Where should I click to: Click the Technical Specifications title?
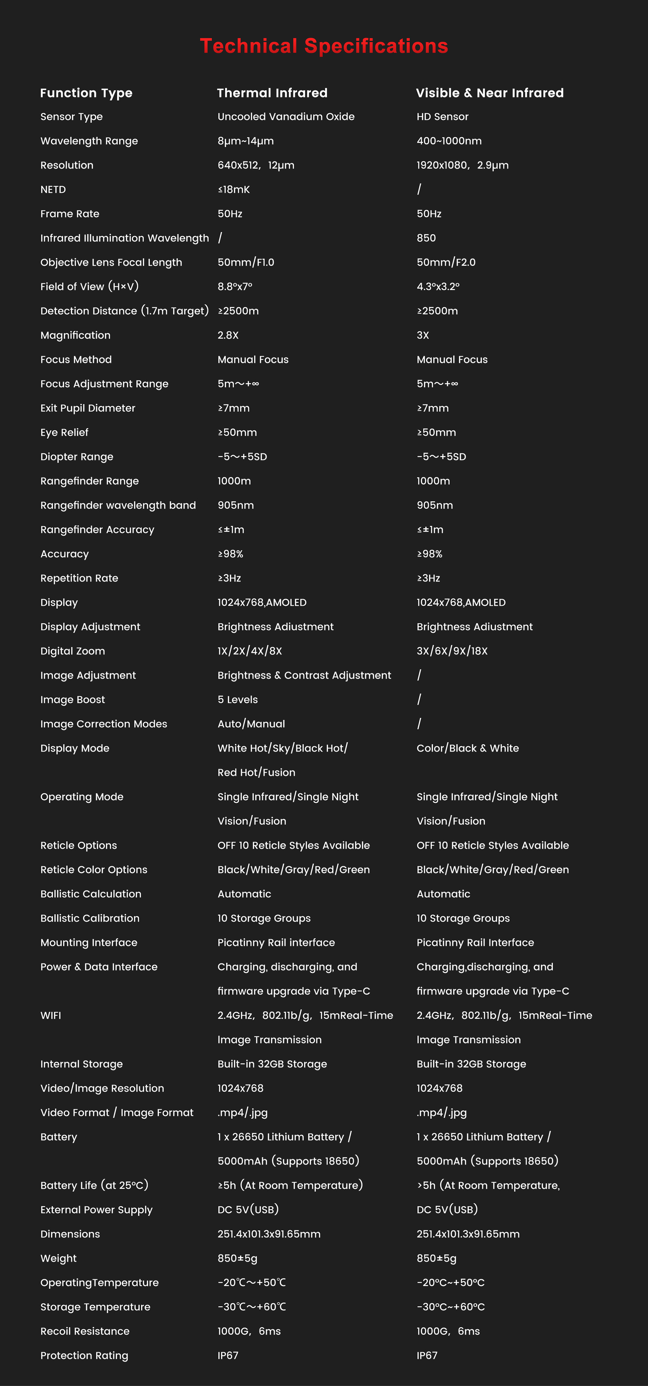pos(323,46)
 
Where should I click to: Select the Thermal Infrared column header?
pos(272,93)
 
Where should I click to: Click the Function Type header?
pos(86,93)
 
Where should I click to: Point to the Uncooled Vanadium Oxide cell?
pos(286,117)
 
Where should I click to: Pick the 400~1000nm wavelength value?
pos(449,141)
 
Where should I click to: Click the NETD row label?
pos(53,189)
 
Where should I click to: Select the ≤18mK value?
pos(234,189)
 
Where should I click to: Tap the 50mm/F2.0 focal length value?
pos(446,263)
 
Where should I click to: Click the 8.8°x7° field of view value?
pos(235,287)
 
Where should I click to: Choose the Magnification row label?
pos(75,335)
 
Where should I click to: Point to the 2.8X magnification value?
pos(228,335)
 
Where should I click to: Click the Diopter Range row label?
pos(77,457)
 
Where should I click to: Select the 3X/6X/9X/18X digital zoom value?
pos(452,651)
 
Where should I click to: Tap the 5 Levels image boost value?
pos(237,699)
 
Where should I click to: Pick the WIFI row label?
pos(50,1015)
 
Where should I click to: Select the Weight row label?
pos(59,1258)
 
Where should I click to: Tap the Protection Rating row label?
pos(84,1355)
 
